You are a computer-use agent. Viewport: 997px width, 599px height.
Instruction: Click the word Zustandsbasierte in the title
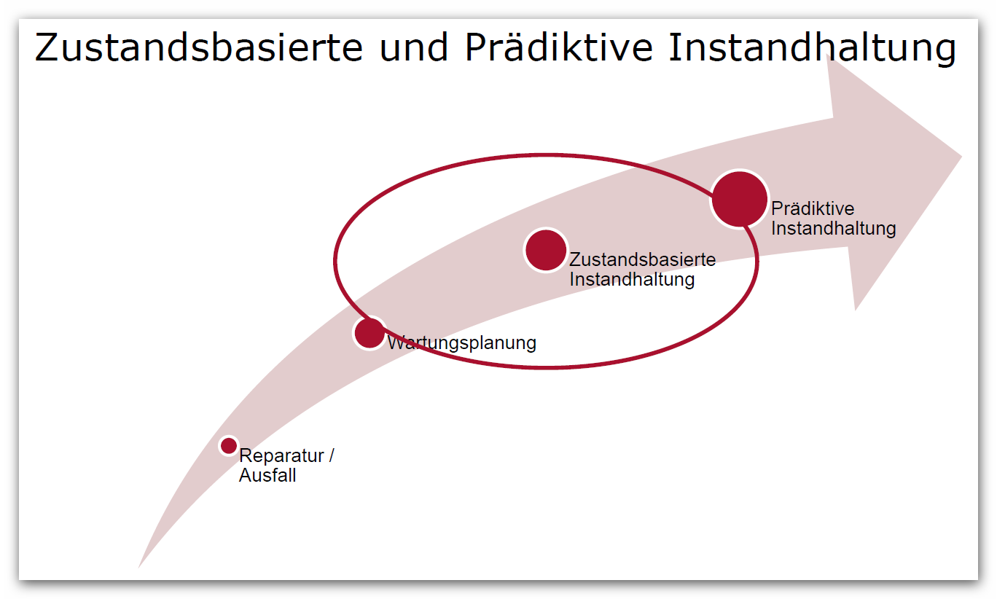[199, 47]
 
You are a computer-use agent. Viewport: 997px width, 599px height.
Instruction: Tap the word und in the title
[413, 47]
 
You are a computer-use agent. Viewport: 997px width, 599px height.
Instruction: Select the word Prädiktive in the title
[558, 47]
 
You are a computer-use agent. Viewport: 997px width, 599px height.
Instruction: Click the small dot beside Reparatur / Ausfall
[229, 445]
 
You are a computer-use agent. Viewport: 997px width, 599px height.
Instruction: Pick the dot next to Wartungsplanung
[370, 333]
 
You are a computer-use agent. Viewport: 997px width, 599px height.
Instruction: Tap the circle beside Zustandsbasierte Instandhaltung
[546, 250]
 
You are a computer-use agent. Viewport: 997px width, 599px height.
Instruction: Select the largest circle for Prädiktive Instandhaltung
[739, 199]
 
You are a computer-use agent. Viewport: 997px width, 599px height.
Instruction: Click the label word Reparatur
[281, 456]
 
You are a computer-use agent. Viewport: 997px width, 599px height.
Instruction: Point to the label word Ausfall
[267, 475]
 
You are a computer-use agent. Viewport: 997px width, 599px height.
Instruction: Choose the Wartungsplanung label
[462, 343]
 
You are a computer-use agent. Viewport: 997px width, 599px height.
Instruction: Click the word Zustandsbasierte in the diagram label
[642, 259]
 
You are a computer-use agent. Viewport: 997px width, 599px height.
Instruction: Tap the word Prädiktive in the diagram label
[813, 208]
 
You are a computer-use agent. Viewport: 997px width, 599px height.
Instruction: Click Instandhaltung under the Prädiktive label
[834, 229]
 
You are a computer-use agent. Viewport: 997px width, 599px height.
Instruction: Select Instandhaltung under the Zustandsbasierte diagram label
[632, 280]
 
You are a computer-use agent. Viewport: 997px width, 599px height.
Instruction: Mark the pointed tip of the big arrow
[961, 156]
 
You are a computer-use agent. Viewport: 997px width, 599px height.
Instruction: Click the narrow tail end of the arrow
[139, 566]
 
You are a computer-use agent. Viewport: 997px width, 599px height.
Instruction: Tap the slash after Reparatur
[332, 455]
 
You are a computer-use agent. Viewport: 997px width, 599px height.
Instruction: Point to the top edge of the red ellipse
[546, 155]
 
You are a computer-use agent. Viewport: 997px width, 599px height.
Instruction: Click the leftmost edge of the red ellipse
[335, 261]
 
